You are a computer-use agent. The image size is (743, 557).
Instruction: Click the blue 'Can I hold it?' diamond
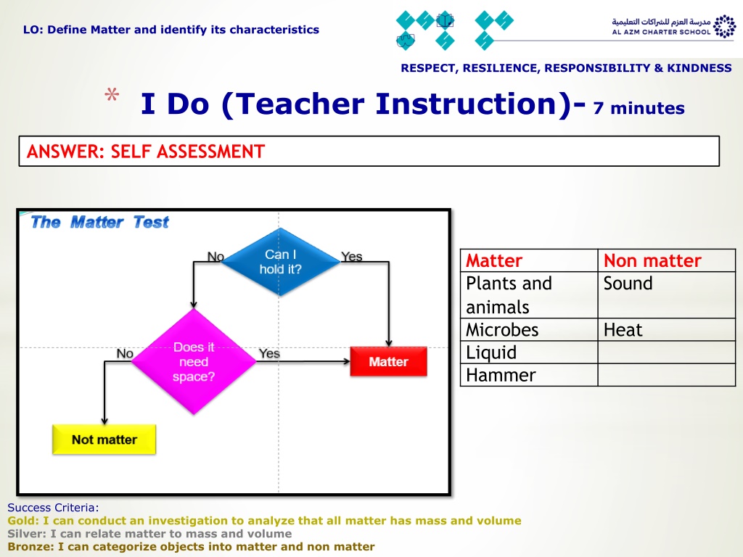tap(281, 262)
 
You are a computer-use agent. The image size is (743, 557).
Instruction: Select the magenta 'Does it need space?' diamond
tap(193, 361)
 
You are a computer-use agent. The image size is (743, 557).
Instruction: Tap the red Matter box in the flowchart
tap(389, 362)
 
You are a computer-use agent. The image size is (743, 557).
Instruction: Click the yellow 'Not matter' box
tap(104, 440)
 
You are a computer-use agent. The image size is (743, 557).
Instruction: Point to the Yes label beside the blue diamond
tap(352, 256)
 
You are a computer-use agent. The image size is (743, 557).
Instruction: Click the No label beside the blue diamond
tap(215, 256)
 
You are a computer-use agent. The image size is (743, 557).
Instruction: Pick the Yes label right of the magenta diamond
tap(269, 353)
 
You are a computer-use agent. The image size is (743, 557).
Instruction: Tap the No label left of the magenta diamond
tap(125, 353)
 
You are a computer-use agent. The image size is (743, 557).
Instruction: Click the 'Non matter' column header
tap(652, 260)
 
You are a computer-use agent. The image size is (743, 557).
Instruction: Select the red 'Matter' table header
tap(493, 260)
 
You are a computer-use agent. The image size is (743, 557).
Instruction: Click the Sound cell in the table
tap(628, 284)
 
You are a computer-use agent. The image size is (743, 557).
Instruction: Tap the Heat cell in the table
tap(623, 330)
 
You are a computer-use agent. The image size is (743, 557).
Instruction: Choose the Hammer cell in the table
tap(501, 375)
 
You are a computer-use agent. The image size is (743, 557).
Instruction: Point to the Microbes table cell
tap(502, 330)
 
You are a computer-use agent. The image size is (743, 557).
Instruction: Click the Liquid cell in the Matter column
tap(491, 352)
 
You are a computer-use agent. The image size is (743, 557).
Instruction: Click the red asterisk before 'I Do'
tap(112, 94)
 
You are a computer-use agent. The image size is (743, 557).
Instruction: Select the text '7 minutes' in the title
tap(639, 108)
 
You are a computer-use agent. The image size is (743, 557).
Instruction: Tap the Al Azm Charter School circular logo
tap(725, 26)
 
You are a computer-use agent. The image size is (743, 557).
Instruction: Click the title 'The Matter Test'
tap(99, 222)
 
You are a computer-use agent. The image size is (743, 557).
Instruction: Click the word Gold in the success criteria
tap(22, 521)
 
